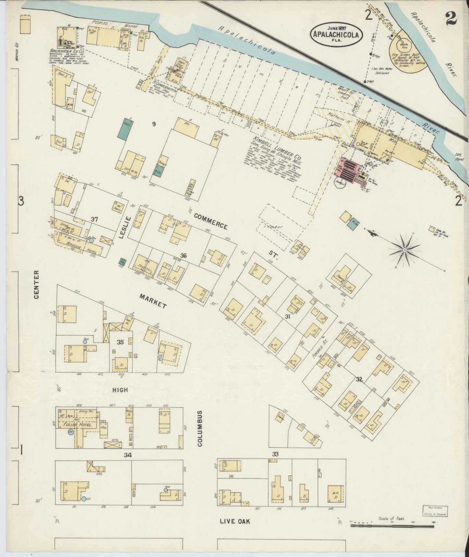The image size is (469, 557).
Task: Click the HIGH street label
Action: pyautogui.click(x=120, y=390)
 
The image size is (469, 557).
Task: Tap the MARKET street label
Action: pyautogui.click(x=153, y=301)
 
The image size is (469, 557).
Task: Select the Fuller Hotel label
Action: pyautogui.click(x=80, y=424)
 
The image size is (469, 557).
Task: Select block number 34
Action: pyautogui.click(x=128, y=455)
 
